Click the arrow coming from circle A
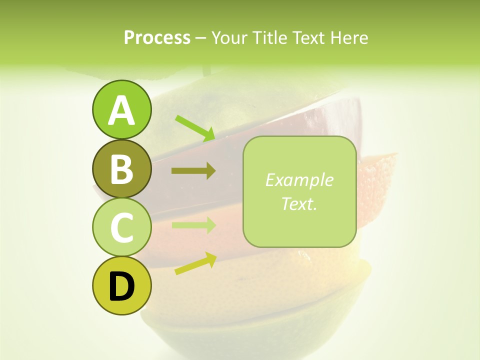pyautogui.click(x=195, y=127)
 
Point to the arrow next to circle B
pyautogui.click(x=193, y=171)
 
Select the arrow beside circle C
pyautogui.click(x=193, y=225)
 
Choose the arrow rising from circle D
pyautogui.click(x=195, y=263)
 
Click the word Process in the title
pyautogui.click(x=157, y=37)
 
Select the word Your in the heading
pyautogui.click(x=228, y=37)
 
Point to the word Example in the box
pyautogui.click(x=299, y=180)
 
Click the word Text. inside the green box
pyautogui.click(x=299, y=203)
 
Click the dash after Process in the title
pyautogui.click(x=201, y=38)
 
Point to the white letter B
pyautogui.click(x=121, y=168)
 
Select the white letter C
pyautogui.click(x=121, y=227)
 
